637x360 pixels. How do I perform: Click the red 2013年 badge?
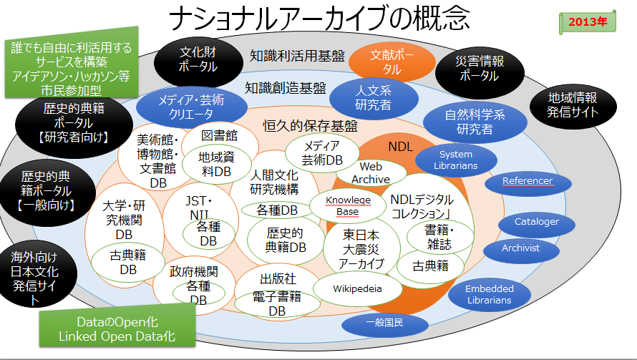tap(588, 21)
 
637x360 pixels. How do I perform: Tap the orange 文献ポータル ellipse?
tap(392, 62)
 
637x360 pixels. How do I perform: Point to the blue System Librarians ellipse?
tap(456, 160)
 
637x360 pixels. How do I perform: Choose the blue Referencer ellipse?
tap(527, 182)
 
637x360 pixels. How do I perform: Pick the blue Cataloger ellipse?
tap(537, 222)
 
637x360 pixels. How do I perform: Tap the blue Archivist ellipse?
tap(521, 248)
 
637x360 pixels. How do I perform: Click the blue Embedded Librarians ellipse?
tap(490, 294)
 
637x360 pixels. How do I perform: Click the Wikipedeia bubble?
tap(358, 289)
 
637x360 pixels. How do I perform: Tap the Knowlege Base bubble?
tap(348, 205)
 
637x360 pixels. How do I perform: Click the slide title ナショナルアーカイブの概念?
tap(318, 17)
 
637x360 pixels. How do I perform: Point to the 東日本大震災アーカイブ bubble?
tap(361, 248)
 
